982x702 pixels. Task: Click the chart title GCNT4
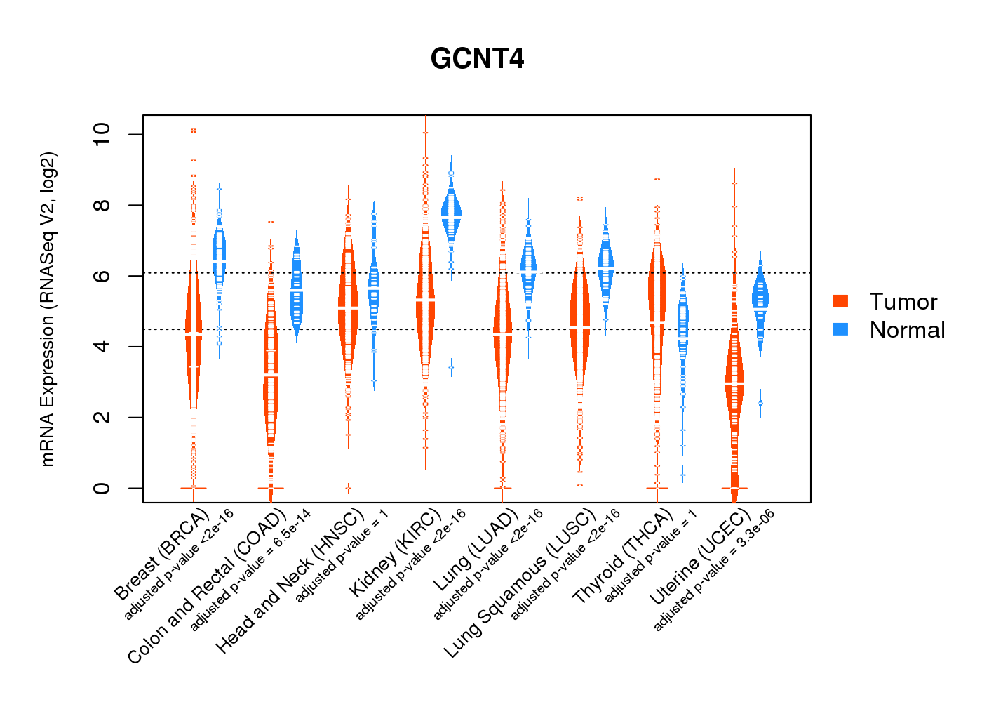[477, 59]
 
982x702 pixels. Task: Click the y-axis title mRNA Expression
[48, 309]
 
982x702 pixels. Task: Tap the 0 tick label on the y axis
[102, 488]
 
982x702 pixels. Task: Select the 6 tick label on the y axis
[102, 276]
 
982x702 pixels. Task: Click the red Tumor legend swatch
[840, 301]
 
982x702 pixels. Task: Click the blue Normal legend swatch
[840, 329]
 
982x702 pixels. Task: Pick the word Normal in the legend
[907, 330]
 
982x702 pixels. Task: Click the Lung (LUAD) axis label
[476, 550]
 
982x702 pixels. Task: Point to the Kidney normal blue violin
[452, 211]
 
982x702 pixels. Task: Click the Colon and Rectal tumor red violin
[271, 379]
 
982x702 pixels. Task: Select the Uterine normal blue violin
[760, 298]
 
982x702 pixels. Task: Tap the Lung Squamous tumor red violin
[579, 326]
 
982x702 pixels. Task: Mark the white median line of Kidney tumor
[425, 300]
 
